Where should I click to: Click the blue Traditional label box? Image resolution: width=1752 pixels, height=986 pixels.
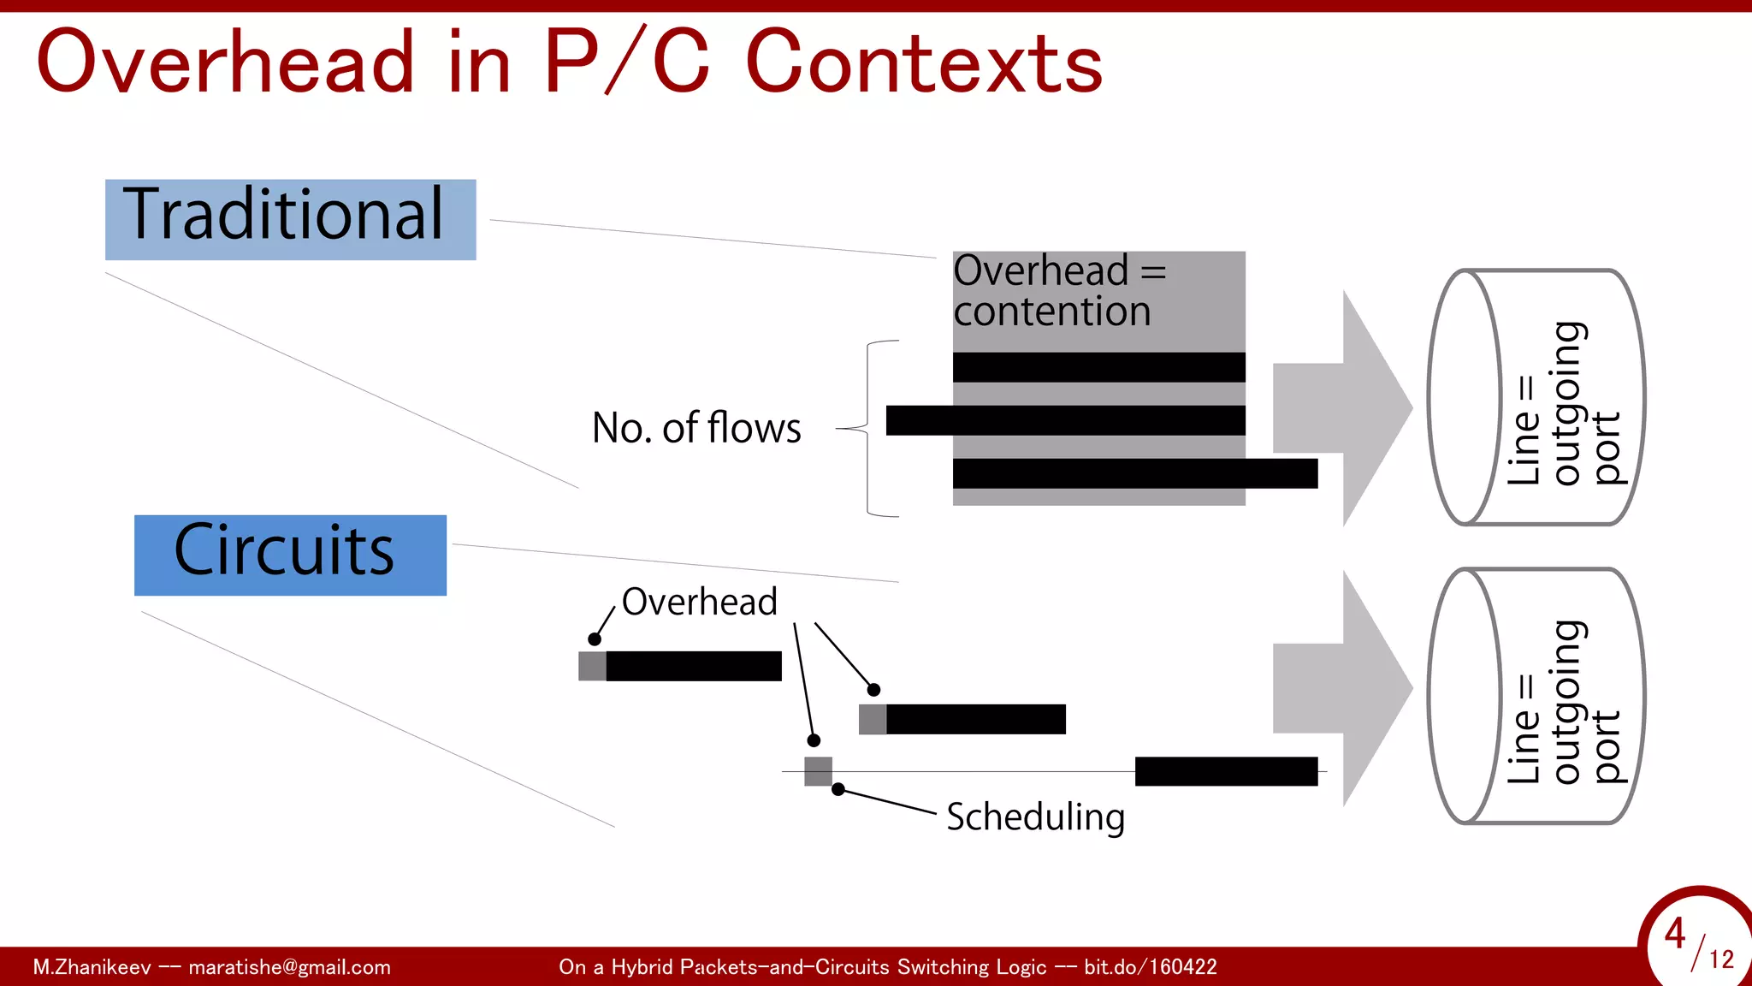(290, 219)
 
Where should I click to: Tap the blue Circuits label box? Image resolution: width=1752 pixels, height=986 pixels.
(290, 555)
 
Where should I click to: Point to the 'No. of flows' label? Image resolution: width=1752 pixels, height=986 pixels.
(696, 428)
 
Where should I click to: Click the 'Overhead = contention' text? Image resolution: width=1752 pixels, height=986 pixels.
(1059, 291)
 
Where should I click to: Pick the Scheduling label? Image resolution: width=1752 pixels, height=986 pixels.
(1035, 817)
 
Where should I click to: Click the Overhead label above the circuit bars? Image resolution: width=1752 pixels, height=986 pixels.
(699, 602)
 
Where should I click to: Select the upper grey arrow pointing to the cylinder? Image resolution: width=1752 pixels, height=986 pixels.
(1341, 407)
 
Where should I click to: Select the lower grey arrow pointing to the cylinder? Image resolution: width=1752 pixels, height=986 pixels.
(1341, 688)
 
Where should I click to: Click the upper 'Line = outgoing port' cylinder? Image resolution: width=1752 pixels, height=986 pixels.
(1536, 397)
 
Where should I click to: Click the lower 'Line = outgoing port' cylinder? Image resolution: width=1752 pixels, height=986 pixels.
(1536, 696)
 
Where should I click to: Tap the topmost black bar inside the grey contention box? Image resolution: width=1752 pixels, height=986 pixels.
(1098, 367)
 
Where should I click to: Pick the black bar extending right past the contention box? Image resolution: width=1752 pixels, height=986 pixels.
(1134, 473)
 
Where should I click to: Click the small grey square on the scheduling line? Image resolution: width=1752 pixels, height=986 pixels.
(818, 771)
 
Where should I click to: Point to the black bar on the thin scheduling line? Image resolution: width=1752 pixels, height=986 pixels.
(1226, 771)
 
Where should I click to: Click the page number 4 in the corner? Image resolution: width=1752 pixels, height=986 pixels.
(1674, 933)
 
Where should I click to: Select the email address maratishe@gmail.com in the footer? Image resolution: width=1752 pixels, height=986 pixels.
(289, 967)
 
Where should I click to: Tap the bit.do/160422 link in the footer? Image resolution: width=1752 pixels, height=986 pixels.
(1150, 967)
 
